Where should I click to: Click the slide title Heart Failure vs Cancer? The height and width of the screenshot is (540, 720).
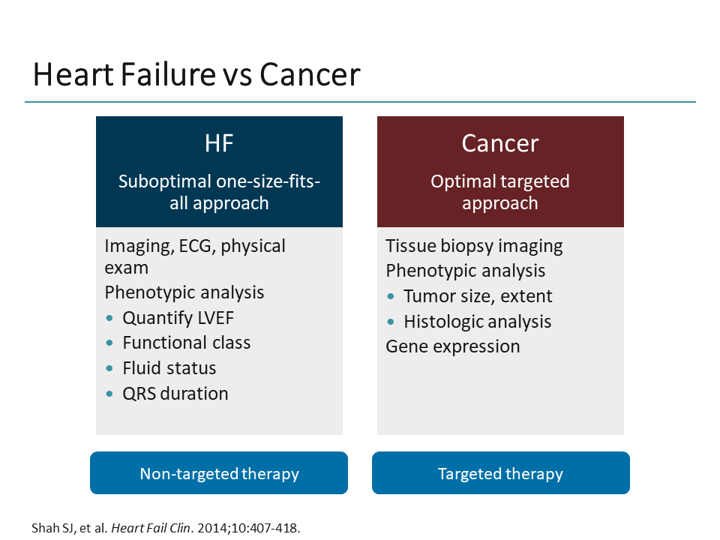click(196, 75)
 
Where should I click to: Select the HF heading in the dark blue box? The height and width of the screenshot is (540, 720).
click(219, 143)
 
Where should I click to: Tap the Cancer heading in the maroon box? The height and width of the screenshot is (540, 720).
click(500, 143)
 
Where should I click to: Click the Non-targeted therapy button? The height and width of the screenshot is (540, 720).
click(219, 473)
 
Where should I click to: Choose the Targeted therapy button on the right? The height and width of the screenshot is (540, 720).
click(500, 473)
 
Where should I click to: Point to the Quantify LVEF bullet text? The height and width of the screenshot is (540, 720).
click(178, 317)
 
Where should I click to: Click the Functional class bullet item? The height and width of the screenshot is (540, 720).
click(187, 343)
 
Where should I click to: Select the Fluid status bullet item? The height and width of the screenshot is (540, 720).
click(169, 368)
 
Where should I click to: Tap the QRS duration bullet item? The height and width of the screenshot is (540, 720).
click(175, 394)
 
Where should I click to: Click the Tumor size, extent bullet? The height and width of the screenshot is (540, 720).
click(478, 296)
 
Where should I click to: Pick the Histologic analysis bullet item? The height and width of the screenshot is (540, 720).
click(477, 322)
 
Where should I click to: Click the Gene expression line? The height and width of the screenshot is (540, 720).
click(453, 346)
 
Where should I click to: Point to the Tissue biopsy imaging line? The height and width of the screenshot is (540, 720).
click(474, 246)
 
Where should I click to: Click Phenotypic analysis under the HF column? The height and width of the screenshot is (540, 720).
click(184, 292)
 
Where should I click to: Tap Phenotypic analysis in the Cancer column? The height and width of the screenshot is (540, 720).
click(466, 271)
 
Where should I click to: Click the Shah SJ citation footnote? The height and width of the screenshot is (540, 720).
click(166, 527)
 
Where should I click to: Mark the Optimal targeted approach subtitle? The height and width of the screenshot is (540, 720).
click(500, 192)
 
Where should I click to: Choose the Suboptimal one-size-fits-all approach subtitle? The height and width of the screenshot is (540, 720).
click(219, 192)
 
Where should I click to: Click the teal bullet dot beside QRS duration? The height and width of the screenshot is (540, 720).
click(110, 394)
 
